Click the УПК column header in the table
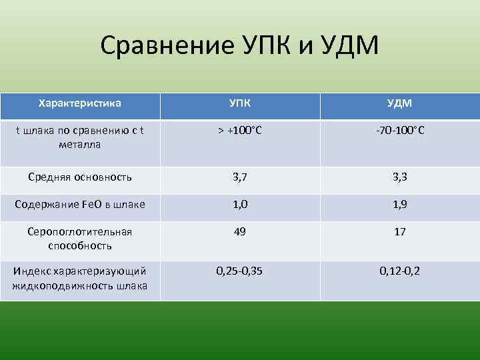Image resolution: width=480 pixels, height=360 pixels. tap(240, 104)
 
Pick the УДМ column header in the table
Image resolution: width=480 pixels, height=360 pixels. tap(400, 104)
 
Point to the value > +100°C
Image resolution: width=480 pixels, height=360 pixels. tap(240, 130)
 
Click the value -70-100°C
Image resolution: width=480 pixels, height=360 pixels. tap(400, 130)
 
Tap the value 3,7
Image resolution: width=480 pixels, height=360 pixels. tap(240, 177)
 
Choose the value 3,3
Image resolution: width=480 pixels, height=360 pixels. tap(400, 177)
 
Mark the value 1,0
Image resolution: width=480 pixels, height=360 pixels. tap(240, 204)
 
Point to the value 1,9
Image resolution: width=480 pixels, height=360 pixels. tap(400, 204)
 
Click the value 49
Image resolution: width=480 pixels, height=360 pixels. tap(240, 231)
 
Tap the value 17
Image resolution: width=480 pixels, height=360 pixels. tap(400, 231)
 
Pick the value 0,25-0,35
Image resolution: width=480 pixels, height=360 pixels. tap(240, 271)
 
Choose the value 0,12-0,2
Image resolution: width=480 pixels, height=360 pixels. tap(400, 271)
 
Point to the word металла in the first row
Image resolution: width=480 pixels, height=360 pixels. tap(79, 145)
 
